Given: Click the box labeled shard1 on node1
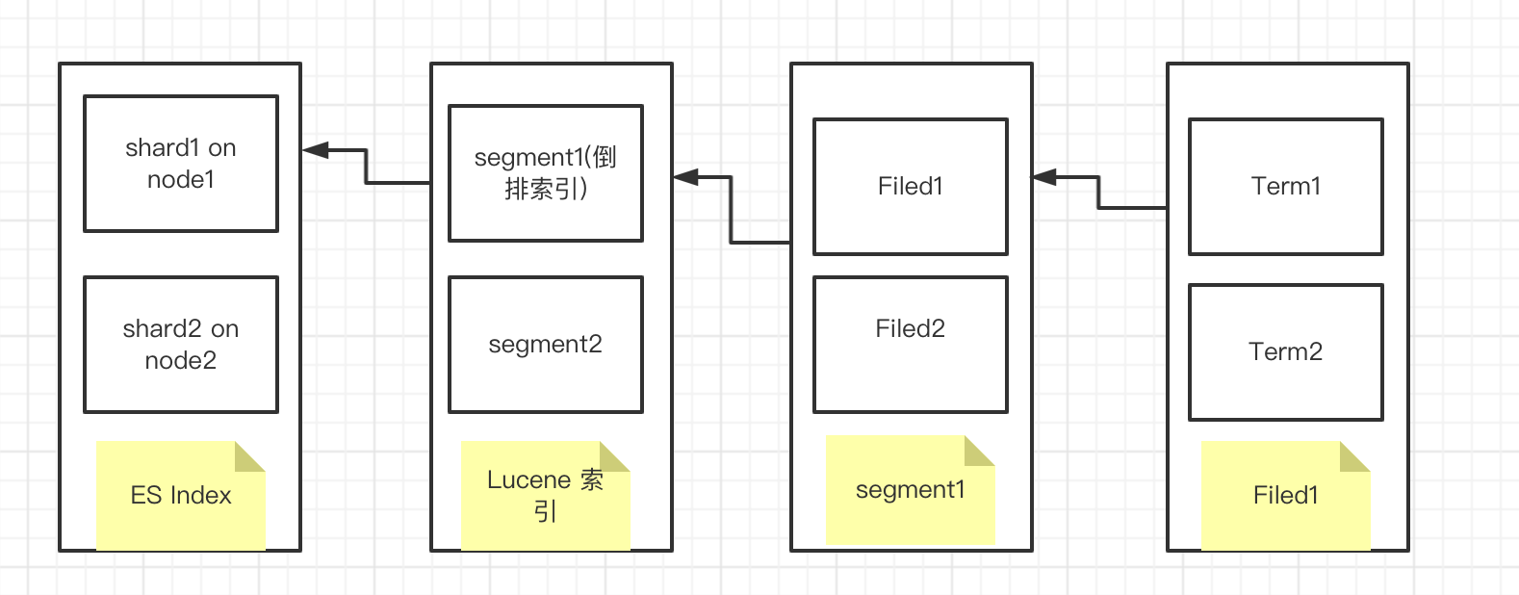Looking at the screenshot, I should pyautogui.click(x=181, y=164).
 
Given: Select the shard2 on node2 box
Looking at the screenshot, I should pyautogui.click(x=181, y=345).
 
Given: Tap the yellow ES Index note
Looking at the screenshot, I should pyautogui.click(x=180, y=496).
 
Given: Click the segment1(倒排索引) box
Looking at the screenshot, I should pyautogui.click(x=546, y=173).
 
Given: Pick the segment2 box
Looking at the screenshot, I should pyautogui.click(x=546, y=345).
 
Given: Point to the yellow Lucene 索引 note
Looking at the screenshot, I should pyautogui.click(x=545, y=496).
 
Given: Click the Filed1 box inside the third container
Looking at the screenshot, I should pyautogui.click(x=911, y=187).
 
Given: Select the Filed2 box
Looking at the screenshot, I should pyautogui.click(x=911, y=345).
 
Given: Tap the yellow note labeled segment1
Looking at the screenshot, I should pyautogui.click(x=910, y=490).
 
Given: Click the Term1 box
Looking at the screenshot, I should pyautogui.click(x=1286, y=187).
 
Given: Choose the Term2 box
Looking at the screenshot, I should pyautogui.click(x=1286, y=352).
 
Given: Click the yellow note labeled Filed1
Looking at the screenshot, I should pyautogui.click(x=1285, y=496).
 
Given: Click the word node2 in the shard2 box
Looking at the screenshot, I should pyautogui.click(x=181, y=361).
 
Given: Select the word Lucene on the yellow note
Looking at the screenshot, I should pyautogui.click(x=528, y=480).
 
